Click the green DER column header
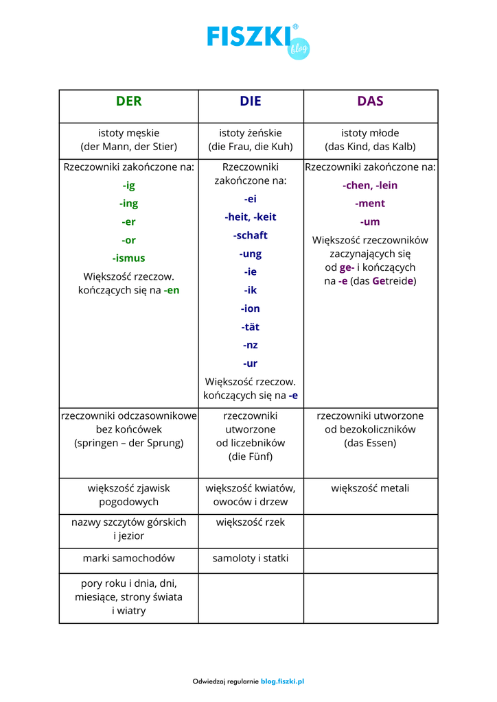click(128, 101)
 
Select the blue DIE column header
click(251, 101)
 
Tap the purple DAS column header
click(370, 101)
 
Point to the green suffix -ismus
click(128, 258)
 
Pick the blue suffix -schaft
click(251, 235)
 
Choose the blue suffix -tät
click(251, 327)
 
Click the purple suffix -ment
click(370, 204)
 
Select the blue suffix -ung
click(251, 254)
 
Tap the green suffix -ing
click(128, 204)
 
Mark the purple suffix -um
click(370, 222)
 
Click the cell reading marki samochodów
click(128, 559)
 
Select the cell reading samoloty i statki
click(251, 559)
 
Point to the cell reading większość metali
click(370, 489)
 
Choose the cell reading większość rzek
click(251, 522)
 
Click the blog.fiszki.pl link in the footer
click(282, 681)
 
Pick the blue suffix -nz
click(251, 346)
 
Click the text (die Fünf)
click(251, 457)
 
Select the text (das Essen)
click(370, 443)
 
